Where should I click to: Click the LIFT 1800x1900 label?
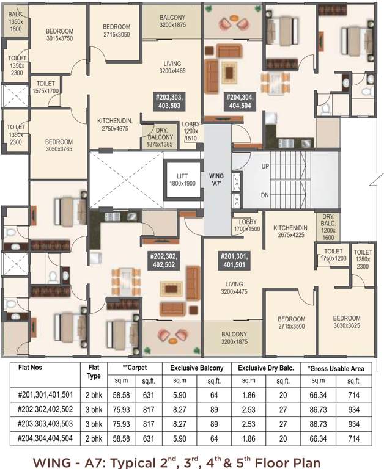pos(183,180)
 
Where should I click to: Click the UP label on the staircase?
pos(265,165)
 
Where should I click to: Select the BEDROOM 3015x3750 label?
pos(60,35)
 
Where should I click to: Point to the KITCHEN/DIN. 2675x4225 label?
pos(292,231)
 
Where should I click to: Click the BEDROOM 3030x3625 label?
pos(347,322)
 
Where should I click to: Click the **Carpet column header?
pos(135,368)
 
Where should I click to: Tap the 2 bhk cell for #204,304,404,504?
pos(93,437)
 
